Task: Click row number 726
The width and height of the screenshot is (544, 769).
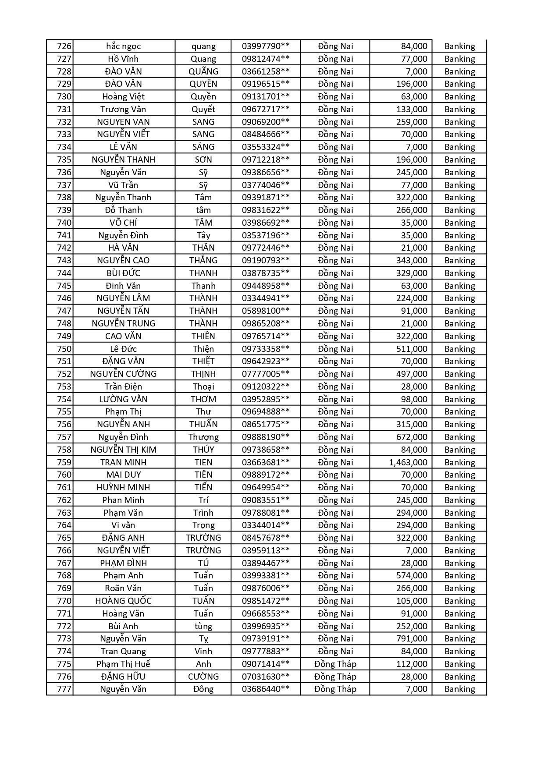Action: click(64, 46)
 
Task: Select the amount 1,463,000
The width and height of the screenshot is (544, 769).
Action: click(408, 462)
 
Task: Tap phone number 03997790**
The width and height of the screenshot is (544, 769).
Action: click(266, 46)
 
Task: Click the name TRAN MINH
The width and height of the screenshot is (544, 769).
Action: click(123, 462)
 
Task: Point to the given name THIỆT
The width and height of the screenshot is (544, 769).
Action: click(203, 361)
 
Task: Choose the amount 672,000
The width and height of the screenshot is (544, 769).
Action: click(411, 437)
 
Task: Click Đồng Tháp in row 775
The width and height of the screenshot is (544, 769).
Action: click(335, 664)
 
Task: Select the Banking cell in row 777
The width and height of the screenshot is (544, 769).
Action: click(459, 689)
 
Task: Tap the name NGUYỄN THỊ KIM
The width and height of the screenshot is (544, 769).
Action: click(123, 450)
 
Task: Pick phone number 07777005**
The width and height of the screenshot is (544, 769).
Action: click(266, 374)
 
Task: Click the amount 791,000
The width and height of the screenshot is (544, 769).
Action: click(411, 638)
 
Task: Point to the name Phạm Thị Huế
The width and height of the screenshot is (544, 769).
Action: click(123, 664)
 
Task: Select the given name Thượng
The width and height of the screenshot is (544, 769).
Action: click(203, 437)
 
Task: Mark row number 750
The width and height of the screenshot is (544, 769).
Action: click(64, 349)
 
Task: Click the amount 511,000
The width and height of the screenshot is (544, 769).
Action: click(411, 349)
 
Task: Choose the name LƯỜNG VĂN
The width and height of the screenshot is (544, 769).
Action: click(123, 399)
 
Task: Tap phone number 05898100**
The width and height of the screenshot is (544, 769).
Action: click(266, 311)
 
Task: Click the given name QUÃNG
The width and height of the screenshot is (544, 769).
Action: click(203, 71)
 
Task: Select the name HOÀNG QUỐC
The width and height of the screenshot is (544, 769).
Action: click(123, 601)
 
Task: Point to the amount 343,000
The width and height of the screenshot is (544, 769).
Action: click(411, 260)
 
